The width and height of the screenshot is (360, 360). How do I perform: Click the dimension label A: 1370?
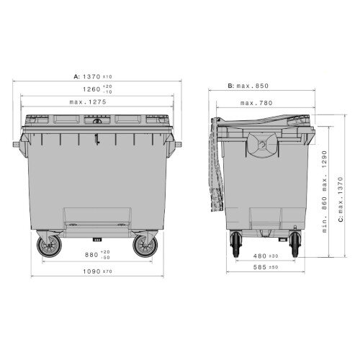(94, 76)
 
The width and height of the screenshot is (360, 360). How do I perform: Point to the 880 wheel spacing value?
(91, 254)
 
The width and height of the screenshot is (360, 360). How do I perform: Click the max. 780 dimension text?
(255, 103)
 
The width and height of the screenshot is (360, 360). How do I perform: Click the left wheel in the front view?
(50, 247)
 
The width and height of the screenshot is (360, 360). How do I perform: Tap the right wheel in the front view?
(143, 247)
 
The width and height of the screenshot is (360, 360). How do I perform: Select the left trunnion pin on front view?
(16, 144)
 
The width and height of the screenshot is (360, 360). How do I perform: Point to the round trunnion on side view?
(260, 144)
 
